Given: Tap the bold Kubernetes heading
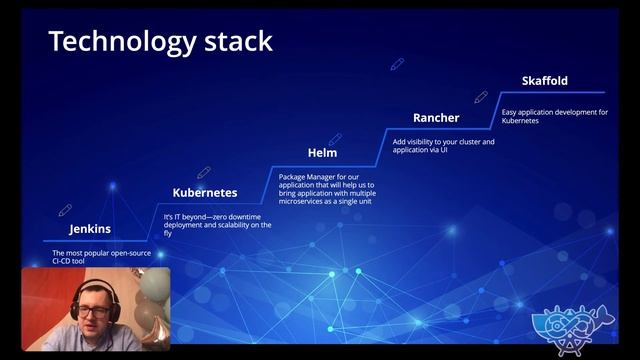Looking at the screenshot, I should pos(205,192).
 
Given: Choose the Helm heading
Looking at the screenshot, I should pos(322,153).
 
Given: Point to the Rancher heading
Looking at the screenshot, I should pos(436,118).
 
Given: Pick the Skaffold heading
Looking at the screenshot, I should pos(545,81).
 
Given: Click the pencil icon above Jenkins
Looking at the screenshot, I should pos(65,211).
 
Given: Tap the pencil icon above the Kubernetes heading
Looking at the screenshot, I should pos(204,173).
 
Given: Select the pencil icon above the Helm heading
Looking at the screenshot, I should pos(335,139).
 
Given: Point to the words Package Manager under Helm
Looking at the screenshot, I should pos(305,177).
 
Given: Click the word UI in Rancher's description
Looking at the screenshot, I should pos(444,149).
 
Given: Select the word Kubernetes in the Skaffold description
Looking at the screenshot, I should pos(520,120).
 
